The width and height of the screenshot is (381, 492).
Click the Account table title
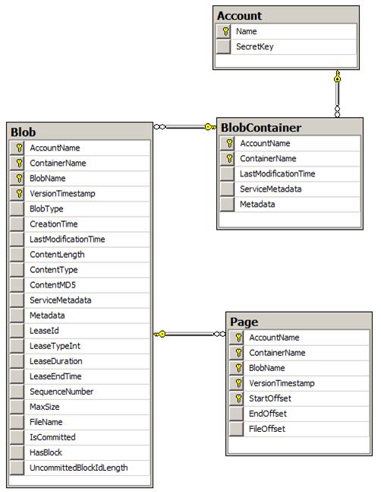coord(240,16)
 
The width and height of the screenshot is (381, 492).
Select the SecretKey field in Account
coord(254,46)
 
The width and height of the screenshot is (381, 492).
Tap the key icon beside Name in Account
coord(225,31)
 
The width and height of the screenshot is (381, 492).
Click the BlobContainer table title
coord(261,128)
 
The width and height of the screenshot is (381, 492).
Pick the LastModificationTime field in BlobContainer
coord(277,173)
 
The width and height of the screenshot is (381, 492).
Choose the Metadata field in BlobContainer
coord(257,205)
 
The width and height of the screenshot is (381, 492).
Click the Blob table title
coord(24,132)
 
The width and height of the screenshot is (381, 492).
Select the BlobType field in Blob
coord(46,209)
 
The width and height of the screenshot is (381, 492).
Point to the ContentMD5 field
coord(52,285)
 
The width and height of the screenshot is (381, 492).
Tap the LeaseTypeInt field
coord(55,346)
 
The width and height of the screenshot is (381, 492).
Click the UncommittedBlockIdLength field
coord(79,468)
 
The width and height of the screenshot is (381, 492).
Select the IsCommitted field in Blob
coord(52,437)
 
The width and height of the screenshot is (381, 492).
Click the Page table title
coord(244,322)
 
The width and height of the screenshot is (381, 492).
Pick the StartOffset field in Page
coord(270,398)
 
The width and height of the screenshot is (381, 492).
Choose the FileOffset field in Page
coord(266,429)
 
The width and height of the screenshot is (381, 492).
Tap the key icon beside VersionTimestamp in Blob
coord(20,194)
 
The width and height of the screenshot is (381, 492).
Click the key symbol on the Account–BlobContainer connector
coord(337,77)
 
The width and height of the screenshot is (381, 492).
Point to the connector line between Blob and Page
coord(190,334)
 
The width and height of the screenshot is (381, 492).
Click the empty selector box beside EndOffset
coord(236,414)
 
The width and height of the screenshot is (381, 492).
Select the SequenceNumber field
coord(61,392)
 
